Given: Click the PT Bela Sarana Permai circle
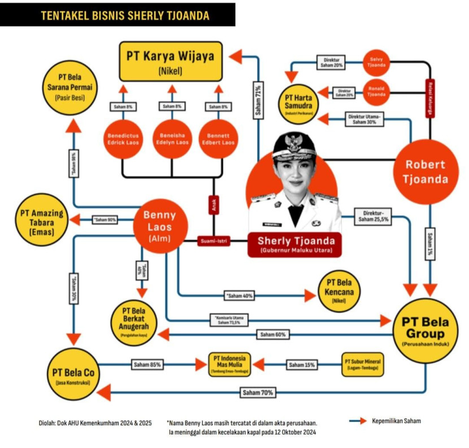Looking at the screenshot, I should (70, 86).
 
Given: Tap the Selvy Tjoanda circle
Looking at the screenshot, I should (376, 63).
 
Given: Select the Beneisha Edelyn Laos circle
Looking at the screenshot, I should (172, 139).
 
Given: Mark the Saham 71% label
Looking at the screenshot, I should (258, 102).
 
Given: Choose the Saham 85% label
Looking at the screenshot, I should (147, 364).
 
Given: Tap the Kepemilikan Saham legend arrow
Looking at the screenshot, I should (357, 421).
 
